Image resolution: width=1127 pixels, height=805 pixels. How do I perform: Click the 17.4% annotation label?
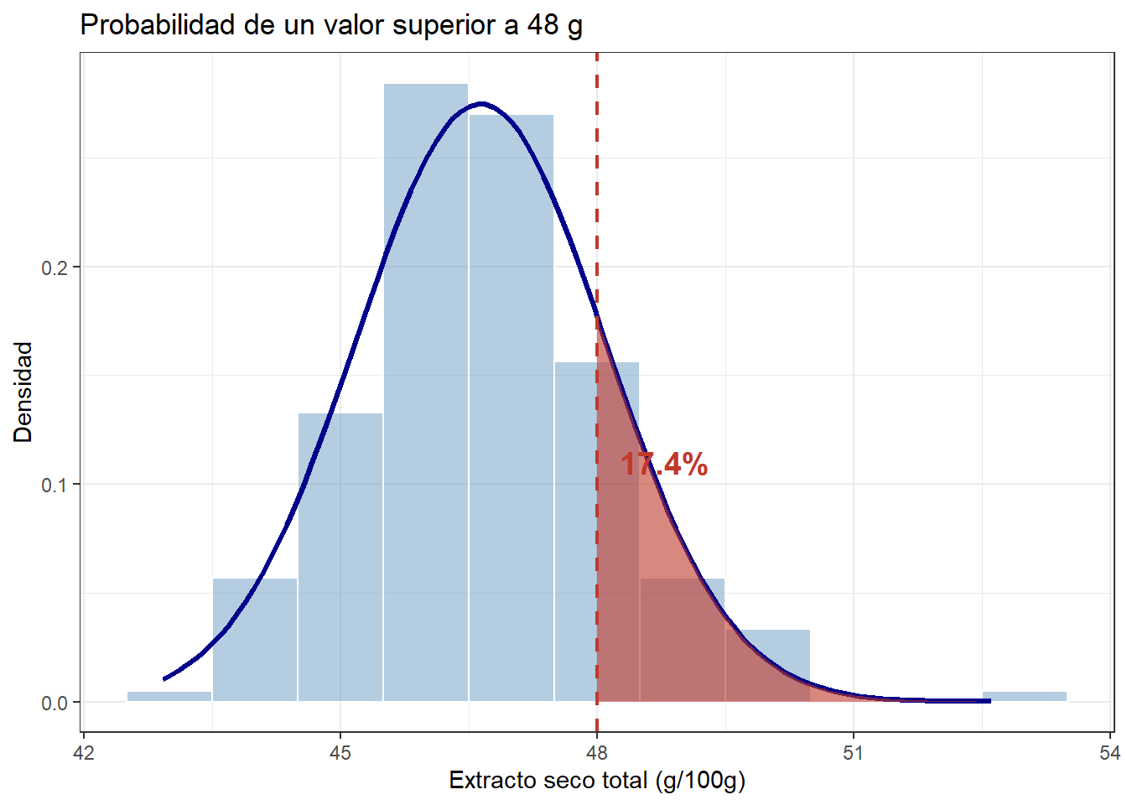(x=664, y=465)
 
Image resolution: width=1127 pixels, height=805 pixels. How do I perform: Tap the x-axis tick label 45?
(x=340, y=752)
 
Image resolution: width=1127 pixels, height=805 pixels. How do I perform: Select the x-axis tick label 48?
(x=597, y=752)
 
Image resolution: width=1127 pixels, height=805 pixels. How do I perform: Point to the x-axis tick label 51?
(x=853, y=752)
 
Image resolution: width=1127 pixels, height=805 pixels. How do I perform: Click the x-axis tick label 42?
(x=84, y=752)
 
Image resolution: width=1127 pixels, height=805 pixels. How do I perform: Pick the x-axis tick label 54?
(x=1109, y=752)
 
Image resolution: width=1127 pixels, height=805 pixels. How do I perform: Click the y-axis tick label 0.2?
(x=55, y=268)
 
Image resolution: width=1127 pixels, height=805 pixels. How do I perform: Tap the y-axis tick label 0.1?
(x=55, y=486)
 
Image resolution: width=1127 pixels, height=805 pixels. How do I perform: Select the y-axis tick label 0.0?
(x=55, y=704)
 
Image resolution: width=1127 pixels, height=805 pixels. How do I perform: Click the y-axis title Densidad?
(x=23, y=392)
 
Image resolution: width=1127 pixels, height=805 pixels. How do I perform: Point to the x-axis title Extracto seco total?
(x=597, y=781)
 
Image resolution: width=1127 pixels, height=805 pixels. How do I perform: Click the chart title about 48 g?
(x=331, y=25)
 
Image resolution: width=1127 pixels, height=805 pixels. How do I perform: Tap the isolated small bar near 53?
(x=1024, y=697)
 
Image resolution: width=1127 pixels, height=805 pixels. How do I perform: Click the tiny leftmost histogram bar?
(x=169, y=697)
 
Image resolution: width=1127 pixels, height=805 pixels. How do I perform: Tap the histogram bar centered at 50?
(x=767, y=666)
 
